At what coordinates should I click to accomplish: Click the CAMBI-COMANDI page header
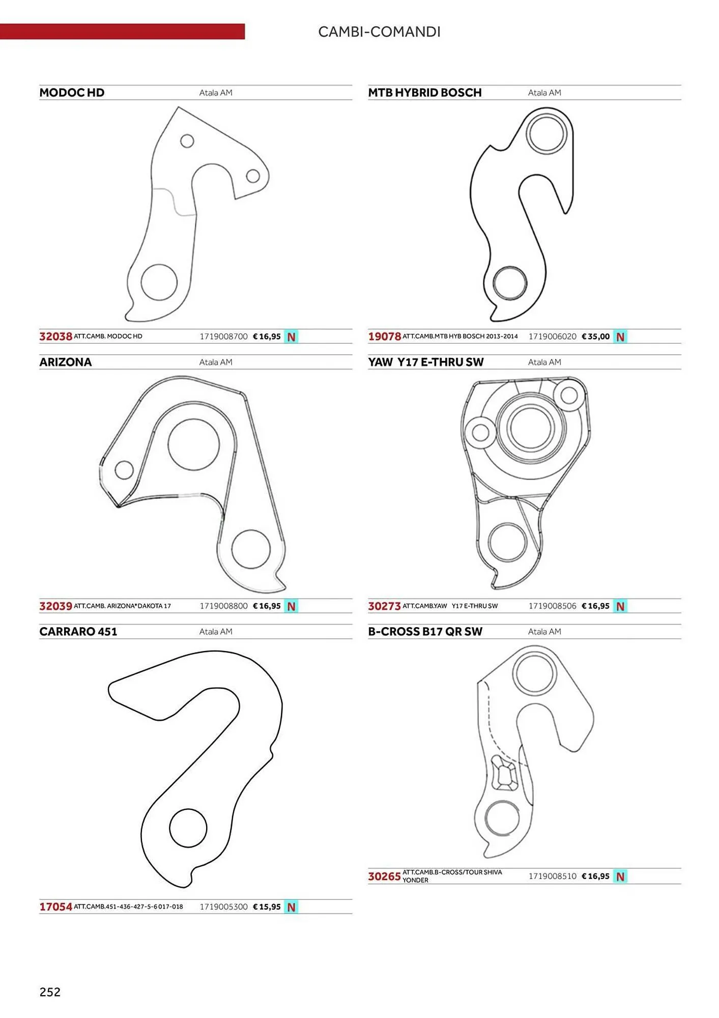pos(379,32)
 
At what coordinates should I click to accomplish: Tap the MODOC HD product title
pos(72,93)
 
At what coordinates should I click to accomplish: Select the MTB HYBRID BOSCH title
pos(424,93)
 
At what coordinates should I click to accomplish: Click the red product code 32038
pos(55,336)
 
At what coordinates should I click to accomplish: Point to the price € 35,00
pos(595,336)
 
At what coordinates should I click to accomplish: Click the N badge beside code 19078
pos(620,337)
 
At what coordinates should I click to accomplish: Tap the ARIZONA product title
pos(66,362)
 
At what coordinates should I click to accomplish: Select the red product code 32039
pos(55,606)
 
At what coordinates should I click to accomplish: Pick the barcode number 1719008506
pos(552,606)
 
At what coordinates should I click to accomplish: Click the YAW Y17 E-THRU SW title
pos(425,362)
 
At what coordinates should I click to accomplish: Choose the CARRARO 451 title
pos(78,632)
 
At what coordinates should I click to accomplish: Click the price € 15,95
pos(267,907)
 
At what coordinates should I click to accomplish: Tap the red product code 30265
pos(384,876)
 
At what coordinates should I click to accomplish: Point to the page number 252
pos(50,992)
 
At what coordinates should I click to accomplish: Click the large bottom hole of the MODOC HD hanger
pos(159,282)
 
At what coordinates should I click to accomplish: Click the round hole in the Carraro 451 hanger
pos(188,828)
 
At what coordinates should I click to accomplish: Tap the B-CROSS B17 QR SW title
pos(425,632)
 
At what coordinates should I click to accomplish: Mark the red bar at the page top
pos(122,32)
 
